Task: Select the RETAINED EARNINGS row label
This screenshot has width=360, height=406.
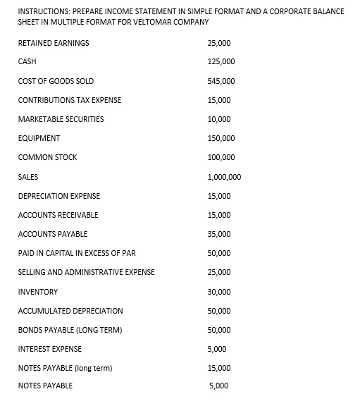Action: click(54, 43)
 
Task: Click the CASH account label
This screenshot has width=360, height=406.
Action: click(27, 62)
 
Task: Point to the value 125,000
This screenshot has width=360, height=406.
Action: click(221, 62)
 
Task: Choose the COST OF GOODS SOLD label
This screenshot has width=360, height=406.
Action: click(56, 81)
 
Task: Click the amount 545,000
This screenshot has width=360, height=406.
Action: click(221, 81)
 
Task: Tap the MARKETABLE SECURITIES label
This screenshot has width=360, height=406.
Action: click(61, 119)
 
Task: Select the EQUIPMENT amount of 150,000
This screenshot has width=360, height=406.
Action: click(221, 138)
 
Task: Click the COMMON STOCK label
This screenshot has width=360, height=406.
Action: click(47, 157)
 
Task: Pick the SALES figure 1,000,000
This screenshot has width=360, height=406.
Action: click(225, 177)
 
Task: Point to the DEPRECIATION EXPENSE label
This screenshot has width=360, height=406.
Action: click(59, 196)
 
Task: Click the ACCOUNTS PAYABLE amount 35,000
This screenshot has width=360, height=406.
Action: click(219, 234)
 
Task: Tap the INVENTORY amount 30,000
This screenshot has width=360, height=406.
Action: click(219, 292)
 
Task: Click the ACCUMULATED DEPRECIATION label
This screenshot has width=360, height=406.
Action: click(70, 311)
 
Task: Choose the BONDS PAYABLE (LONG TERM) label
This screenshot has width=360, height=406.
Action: click(70, 330)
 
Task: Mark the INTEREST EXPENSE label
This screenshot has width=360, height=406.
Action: click(49, 349)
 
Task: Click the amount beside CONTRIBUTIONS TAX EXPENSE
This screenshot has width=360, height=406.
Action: click(219, 100)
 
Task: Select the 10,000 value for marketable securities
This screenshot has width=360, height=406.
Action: click(219, 119)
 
